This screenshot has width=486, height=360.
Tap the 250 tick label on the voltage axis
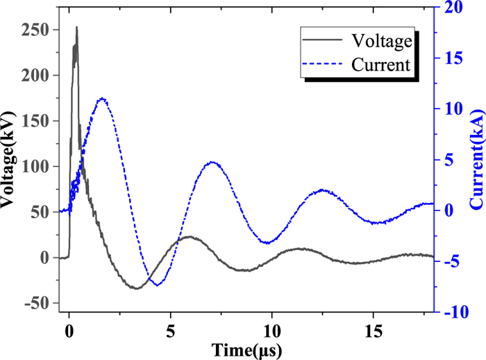coord(44,31)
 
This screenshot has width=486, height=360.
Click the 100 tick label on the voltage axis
coord(44,167)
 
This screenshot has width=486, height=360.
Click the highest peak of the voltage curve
coord(76,28)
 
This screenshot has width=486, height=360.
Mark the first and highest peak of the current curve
coord(103,98)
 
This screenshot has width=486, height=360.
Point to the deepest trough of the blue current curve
coord(158,285)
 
